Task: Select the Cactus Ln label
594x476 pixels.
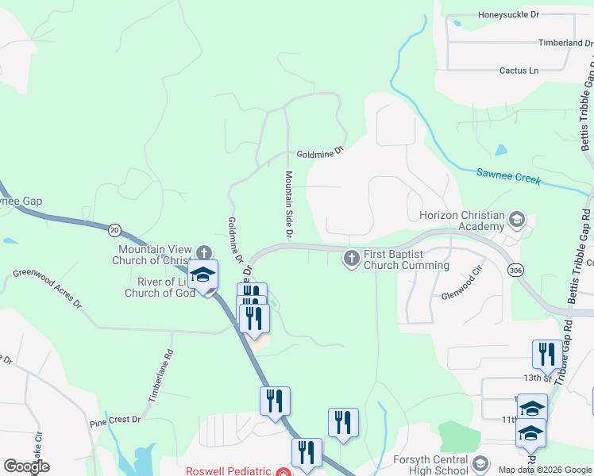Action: click(x=519, y=71)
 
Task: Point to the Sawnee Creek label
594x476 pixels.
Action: click(x=508, y=175)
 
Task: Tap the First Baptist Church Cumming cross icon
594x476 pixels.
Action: click(x=352, y=259)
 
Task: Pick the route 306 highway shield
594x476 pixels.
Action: click(x=516, y=271)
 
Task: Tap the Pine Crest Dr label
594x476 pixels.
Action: click(x=114, y=420)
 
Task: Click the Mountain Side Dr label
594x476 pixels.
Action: click(x=289, y=205)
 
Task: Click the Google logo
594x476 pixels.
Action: click(x=26, y=466)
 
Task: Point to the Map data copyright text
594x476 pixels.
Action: click(x=544, y=470)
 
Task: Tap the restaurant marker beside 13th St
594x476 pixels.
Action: click(x=546, y=354)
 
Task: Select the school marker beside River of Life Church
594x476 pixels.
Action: click(x=203, y=274)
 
